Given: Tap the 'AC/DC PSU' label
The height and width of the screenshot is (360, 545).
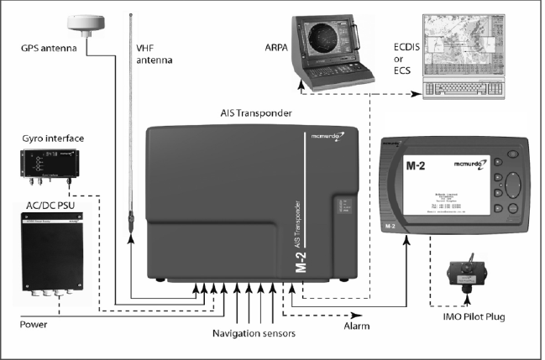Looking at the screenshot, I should pyautogui.click(x=45, y=205).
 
